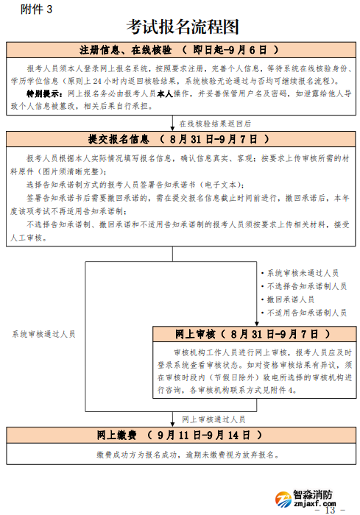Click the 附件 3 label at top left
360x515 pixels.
tap(36, 9)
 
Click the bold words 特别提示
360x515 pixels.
tap(44, 94)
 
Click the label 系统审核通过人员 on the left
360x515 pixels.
tap(43, 333)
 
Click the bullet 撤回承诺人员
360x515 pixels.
tap(290, 299)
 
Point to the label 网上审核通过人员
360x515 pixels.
tap(213, 419)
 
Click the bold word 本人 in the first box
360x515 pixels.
tap(164, 94)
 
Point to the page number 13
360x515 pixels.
tap(330, 510)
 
